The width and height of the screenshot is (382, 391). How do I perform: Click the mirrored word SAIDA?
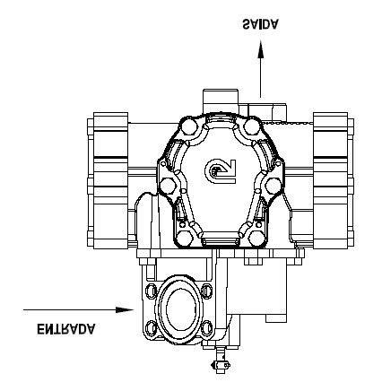pos(260,24)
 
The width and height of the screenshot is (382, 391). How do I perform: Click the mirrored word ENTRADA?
pos(66,328)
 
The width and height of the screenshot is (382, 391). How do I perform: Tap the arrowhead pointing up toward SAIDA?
pos(260,49)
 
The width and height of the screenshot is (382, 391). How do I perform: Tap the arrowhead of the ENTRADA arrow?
pos(125,309)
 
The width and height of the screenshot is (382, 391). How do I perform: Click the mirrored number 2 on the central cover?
pos(221,171)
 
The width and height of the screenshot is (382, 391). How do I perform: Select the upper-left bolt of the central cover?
pos(189,126)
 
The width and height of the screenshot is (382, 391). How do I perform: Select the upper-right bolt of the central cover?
pos(252,126)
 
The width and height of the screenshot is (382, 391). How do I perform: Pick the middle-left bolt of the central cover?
pos(168,186)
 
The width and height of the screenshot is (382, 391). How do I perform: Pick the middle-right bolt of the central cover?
pos(273,186)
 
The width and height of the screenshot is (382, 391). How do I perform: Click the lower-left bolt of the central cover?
pos(185,239)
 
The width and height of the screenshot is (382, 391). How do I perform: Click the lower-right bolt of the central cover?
pos(257,239)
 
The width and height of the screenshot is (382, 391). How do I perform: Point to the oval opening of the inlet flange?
pos(181,309)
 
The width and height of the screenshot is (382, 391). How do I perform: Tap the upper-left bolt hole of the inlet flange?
pos(151,291)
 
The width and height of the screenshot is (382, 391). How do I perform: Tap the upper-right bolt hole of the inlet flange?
pos(206,291)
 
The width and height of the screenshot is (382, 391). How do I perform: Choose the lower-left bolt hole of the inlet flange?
pos(151,327)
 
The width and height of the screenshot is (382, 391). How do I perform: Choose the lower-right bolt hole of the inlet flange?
pos(206,327)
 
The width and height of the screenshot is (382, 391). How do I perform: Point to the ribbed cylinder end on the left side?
pos(109,180)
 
